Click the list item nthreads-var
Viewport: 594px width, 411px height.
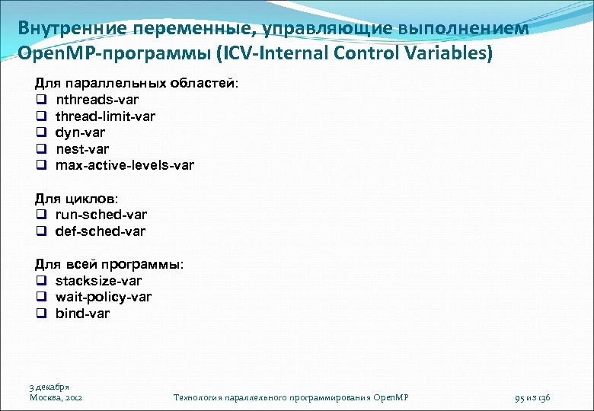tap(97, 100)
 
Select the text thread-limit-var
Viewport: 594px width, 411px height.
tap(105, 116)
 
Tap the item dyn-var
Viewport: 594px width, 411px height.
tap(80, 132)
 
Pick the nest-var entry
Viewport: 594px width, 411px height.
tap(81, 148)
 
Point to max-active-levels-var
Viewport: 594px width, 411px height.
tap(124, 165)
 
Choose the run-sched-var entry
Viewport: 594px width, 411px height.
tap(101, 215)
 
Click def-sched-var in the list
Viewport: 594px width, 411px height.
tap(100, 231)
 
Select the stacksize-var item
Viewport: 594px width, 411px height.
tap(98, 281)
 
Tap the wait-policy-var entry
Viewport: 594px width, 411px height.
tap(103, 297)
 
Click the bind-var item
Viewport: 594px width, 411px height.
tap(82, 314)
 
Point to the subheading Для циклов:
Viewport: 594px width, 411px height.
tap(76, 199)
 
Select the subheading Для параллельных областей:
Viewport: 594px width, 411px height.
tap(136, 83)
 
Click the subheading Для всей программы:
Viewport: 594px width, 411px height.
tap(109, 264)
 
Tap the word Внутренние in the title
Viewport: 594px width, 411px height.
tap(63, 28)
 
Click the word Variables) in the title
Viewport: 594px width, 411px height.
tap(448, 54)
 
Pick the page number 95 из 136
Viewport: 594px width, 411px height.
tap(532, 397)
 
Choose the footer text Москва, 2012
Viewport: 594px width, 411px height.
tap(56, 397)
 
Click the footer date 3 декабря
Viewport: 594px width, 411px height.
tap(49, 387)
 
